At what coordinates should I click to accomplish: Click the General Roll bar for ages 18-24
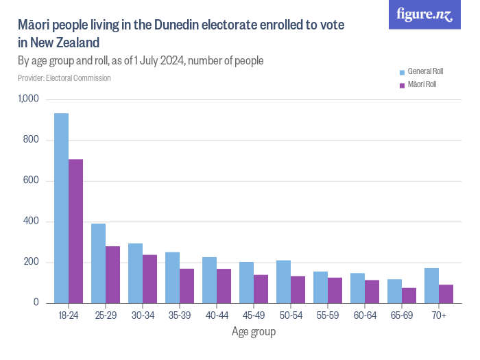pos(62,208)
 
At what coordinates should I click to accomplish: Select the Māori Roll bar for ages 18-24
pos(76,231)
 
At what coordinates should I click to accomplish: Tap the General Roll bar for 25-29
pos(99,263)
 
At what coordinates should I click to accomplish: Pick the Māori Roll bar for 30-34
pos(150,279)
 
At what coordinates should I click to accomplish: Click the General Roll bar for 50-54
pos(284,282)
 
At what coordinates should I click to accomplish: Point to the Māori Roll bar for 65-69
pos(409,296)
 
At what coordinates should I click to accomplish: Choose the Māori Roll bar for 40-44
pos(224,286)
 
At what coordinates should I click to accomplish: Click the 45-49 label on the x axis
pos(254,315)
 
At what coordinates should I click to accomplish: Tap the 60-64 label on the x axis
pos(365,315)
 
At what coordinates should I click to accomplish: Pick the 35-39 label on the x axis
pos(180,315)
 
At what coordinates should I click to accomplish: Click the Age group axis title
pos(254,332)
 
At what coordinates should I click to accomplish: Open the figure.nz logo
pos(424,15)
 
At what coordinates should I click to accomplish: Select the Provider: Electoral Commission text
pos(64,78)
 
